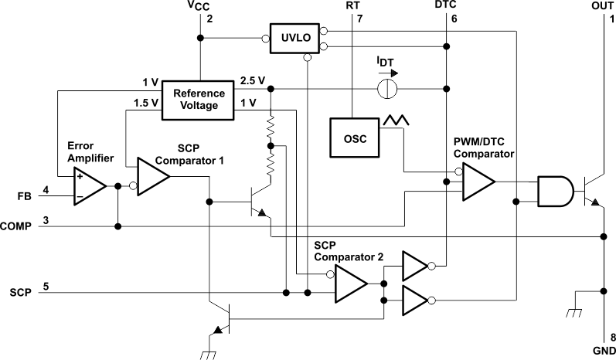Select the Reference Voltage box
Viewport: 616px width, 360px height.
click(x=199, y=100)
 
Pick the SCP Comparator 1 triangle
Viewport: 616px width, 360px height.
click(x=152, y=178)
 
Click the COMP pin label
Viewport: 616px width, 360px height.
click(x=16, y=226)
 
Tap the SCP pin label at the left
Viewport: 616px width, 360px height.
click(x=20, y=293)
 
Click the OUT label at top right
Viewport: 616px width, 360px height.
click(x=602, y=5)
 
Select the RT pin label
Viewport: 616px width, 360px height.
click(x=352, y=5)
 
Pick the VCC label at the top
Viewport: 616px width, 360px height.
click(x=199, y=5)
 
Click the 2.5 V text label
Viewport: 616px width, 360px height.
click(x=253, y=80)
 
